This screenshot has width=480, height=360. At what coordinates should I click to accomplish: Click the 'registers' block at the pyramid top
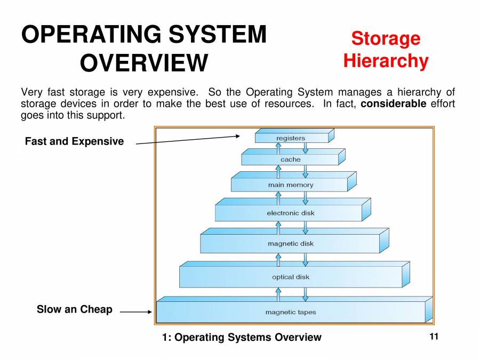pos(291,138)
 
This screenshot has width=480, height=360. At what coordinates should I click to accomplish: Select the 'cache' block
pos(290,159)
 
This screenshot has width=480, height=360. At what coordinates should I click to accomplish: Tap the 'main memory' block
pos(290,185)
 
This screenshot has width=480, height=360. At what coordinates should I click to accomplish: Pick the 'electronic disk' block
pos(291,213)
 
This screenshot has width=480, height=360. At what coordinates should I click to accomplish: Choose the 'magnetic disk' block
pos(291,244)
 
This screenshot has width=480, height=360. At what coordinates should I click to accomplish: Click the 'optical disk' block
pos(291,277)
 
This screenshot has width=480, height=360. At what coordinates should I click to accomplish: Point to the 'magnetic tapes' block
pos(291,312)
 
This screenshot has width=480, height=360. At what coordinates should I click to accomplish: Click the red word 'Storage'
pos(386,38)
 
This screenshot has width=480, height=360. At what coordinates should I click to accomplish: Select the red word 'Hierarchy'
pos(386,61)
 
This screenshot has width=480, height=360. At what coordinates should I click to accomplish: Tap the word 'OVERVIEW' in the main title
pos(143,63)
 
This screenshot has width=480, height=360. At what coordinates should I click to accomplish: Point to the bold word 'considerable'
pos(393,103)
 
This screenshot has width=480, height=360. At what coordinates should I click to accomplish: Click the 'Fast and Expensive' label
pos(74,141)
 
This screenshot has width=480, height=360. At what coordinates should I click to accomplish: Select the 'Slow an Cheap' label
pos(74,309)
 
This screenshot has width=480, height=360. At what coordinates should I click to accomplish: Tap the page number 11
pos(433,337)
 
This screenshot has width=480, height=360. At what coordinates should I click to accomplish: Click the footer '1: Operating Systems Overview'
pos(242,337)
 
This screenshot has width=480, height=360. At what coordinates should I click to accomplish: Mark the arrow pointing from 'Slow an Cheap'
pos(136,313)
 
